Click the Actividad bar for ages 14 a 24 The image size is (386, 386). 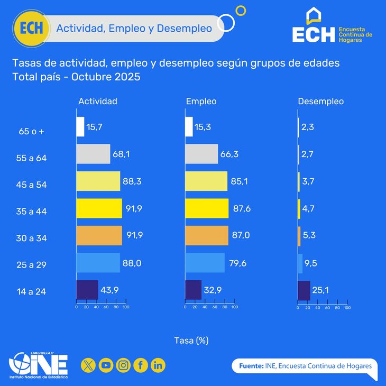click(x=87, y=290)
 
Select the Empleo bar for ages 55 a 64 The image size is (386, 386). click(x=201, y=154)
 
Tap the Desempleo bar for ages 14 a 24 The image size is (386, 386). click(x=304, y=290)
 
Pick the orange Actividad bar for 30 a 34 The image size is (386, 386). click(x=99, y=236)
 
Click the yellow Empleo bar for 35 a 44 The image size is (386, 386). click(x=207, y=208)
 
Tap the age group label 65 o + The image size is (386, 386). click(x=31, y=131)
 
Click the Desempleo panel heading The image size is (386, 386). click(x=321, y=101)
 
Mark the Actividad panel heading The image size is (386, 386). click(x=98, y=101)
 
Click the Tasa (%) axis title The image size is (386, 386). click(x=191, y=341)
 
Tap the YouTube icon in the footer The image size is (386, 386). click(x=106, y=365)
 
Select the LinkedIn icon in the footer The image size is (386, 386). click(x=158, y=365)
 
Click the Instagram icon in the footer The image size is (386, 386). click(x=123, y=365)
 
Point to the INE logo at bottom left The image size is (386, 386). click(x=38, y=365)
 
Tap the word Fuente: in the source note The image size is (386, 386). click(x=251, y=366)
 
